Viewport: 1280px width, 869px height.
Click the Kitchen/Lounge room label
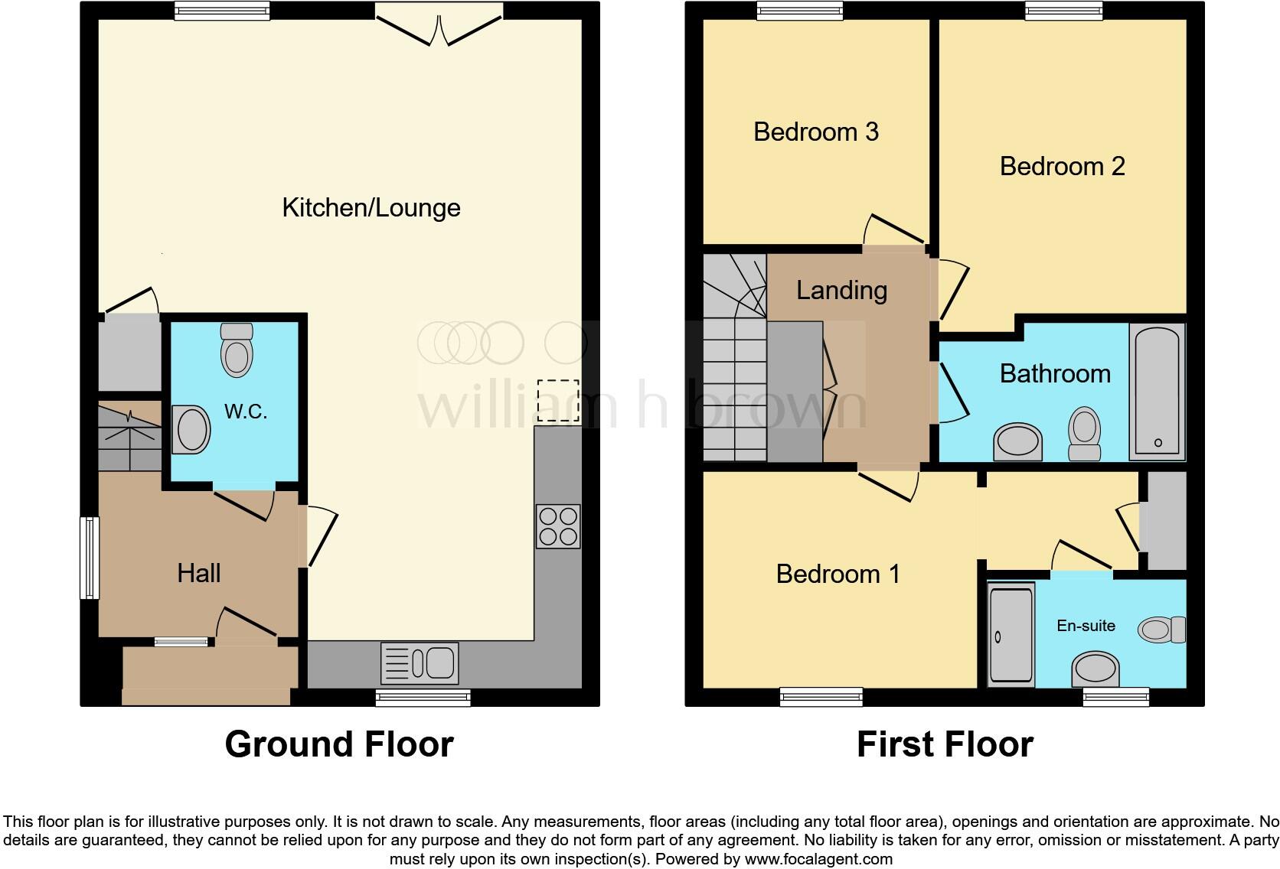371,208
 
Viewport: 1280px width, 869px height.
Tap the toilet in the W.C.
237,350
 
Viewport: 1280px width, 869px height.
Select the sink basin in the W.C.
192,429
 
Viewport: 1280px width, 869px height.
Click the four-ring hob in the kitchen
558,526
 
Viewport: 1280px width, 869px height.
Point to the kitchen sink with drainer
420,662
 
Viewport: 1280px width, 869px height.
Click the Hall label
199,573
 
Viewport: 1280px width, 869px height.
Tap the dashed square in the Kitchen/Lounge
558,401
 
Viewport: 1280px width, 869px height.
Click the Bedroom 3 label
816,132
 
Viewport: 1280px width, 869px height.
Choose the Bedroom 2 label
1062,166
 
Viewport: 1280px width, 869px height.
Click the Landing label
841,291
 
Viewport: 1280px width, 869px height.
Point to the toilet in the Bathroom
1084,434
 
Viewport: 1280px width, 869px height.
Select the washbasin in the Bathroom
1017,442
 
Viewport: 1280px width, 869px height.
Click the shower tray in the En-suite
1011,633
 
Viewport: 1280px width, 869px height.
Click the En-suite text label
1086,626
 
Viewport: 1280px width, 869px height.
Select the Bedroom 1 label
838,574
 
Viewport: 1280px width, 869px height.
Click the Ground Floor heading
339,744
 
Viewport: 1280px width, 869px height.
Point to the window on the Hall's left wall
90,558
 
